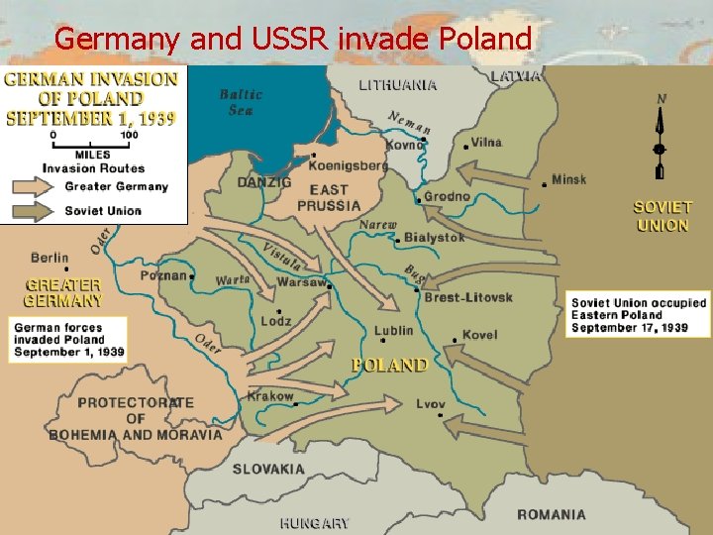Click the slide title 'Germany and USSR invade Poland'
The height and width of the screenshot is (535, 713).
(293, 39)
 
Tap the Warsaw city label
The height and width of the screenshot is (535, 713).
(301, 282)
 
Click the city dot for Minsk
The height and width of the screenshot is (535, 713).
(545, 184)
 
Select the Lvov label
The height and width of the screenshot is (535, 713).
(430, 404)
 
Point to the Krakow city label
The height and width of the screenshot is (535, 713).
(270, 395)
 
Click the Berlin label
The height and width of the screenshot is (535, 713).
(50, 258)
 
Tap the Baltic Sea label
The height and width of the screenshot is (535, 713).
(241, 102)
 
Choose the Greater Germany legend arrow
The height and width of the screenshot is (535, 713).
(36, 186)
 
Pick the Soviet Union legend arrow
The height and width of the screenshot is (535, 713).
(36, 210)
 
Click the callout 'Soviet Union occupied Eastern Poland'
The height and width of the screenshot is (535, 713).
(639, 315)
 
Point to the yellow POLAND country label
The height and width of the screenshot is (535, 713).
(390, 366)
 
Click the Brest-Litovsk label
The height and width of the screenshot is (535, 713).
(468, 297)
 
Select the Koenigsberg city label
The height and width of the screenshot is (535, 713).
(348, 166)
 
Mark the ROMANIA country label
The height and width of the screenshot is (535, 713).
(551, 514)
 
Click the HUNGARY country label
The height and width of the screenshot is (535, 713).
(314, 523)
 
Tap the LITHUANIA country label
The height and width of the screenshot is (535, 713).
(397, 85)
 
